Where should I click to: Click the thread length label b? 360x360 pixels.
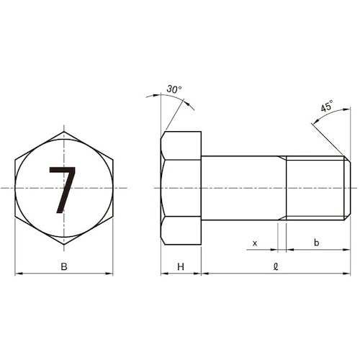[x=317, y=243]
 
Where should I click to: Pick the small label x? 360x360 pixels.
[x=255, y=243]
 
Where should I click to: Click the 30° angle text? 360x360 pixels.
[x=174, y=89]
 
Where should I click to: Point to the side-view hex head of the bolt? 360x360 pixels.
[x=181, y=188]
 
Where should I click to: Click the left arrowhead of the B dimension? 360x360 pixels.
[x=18, y=274]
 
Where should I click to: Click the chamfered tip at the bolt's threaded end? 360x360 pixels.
[x=348, y=188]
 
